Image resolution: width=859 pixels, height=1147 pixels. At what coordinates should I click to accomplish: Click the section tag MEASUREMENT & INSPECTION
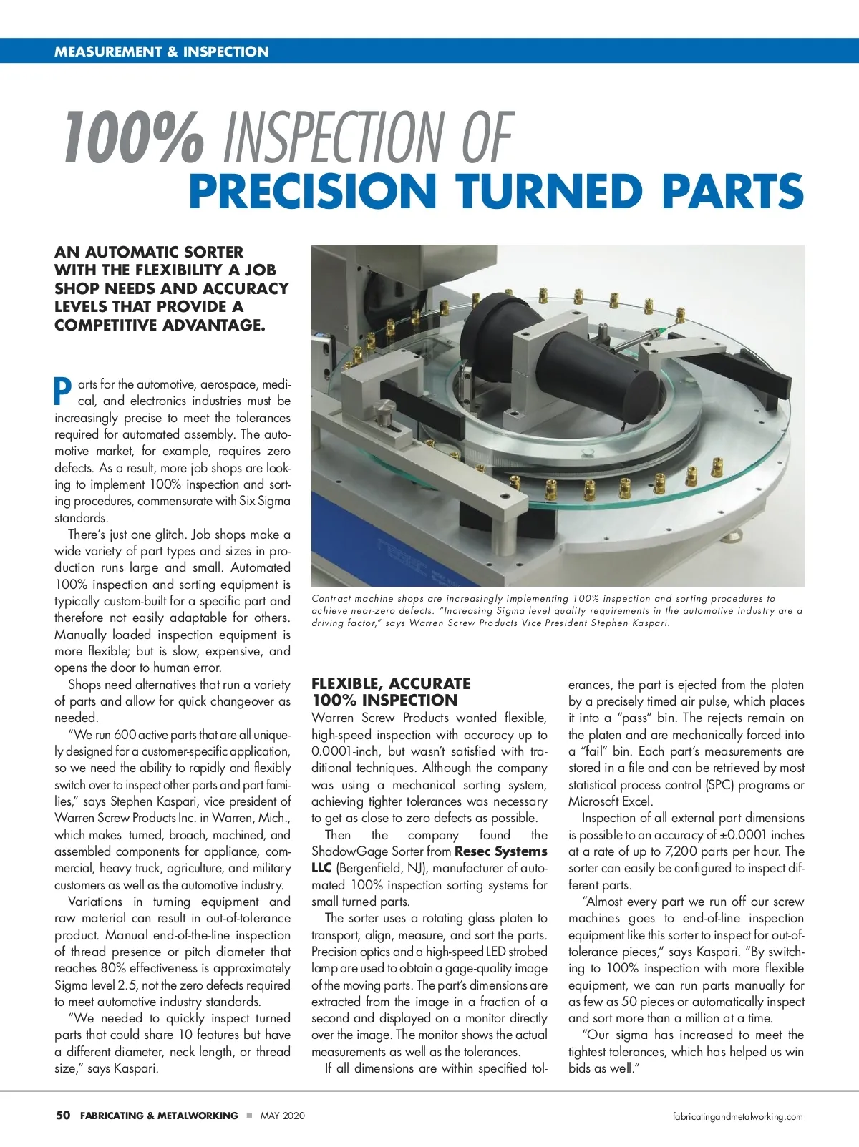pos(161,52)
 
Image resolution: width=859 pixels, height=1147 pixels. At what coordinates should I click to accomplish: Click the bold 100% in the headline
pos(133,137)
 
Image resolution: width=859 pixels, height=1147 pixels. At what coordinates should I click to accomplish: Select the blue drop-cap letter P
pos(63,391)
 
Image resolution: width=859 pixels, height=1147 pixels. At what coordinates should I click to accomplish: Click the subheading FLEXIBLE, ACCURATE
pos(391,683)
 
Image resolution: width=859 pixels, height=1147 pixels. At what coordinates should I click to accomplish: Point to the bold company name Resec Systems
pos(501,851)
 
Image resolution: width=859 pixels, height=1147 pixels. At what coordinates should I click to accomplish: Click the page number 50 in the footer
pos(63,1116)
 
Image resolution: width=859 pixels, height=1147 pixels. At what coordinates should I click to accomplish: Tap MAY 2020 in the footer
pos(282,1116)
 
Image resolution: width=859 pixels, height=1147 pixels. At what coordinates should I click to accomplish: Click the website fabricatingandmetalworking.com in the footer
pos(738,1116)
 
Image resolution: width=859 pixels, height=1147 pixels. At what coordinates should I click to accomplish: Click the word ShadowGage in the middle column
pos(346,851)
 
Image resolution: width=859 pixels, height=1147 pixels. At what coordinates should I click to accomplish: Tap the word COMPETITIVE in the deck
pos(106,325)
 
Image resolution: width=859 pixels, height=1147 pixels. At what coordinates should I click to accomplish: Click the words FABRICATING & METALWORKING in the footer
pos(159,1116)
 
